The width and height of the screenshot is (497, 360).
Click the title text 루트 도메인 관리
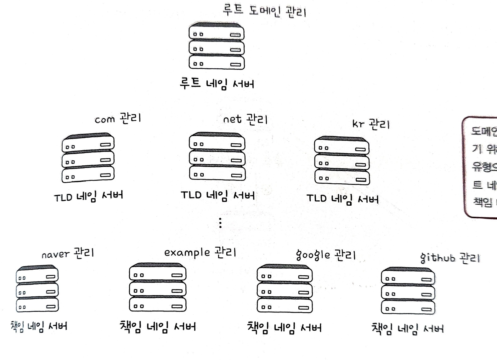point(264,11)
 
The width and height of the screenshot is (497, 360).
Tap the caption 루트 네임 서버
point(217,84)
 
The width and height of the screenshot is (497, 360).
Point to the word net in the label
point(232,119)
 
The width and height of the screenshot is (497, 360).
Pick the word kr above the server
point(358,124)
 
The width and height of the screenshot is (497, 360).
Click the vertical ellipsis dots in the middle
point(220,223)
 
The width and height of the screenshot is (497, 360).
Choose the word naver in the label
point(55,254)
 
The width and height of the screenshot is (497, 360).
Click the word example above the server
point(187,253)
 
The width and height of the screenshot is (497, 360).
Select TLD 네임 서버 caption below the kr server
point(342,199)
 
